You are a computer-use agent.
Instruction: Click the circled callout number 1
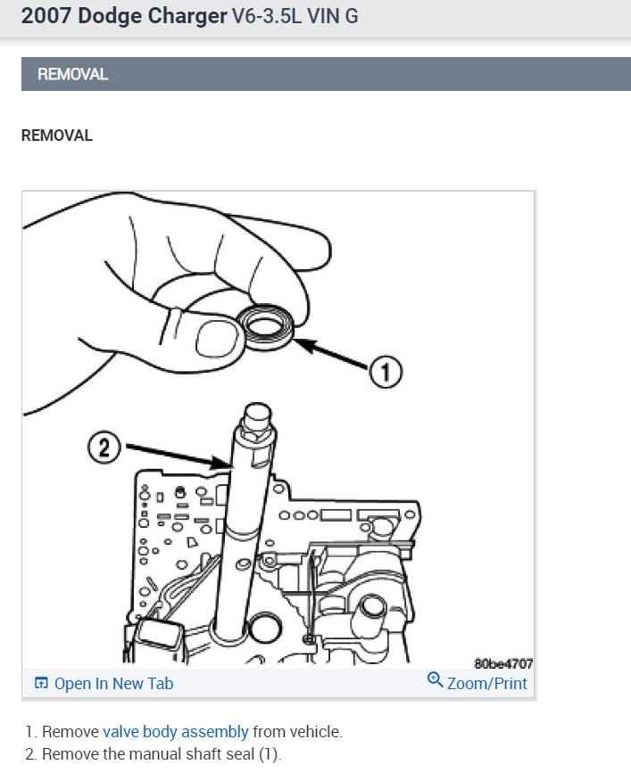click(x=386, y=373)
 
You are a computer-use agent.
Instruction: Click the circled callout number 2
click(x=104, y=445)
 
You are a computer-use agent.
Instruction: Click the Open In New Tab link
click(x=113, y=684)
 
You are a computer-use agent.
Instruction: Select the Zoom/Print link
click(x=487, y=684)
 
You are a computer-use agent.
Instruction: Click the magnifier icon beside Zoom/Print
click(x=436, y=680)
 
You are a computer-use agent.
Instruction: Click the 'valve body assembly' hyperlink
click(x=176, y=732)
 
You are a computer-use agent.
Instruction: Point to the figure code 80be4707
click(x=503, y=663)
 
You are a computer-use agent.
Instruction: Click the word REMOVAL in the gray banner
click(x=72, y=75)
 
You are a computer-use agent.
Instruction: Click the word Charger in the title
click(x=183, y=17)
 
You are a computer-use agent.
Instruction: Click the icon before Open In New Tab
click(x=41, y=684)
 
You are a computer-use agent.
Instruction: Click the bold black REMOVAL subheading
click(x=57, y=136)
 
